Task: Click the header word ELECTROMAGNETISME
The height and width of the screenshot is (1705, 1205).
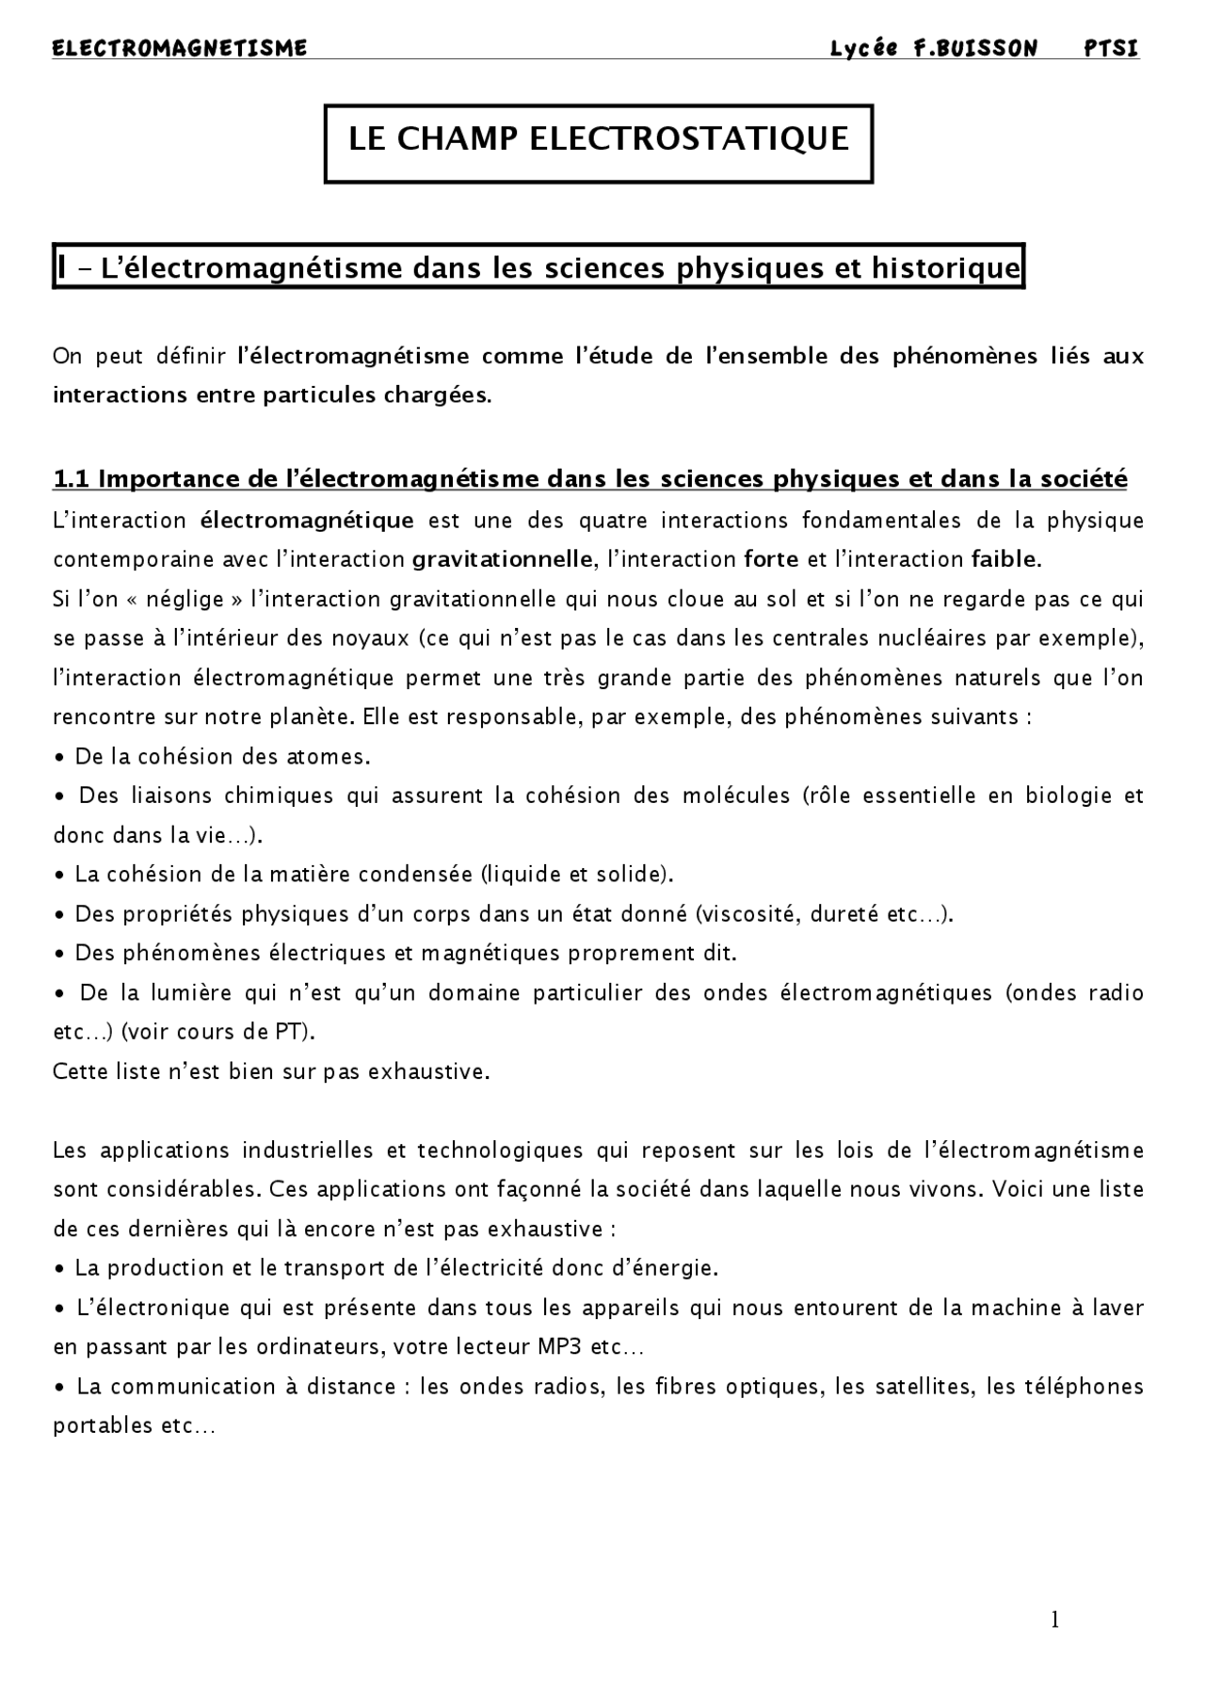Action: pos(180,48)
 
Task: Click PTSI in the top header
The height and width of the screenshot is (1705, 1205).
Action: pos(1111,48)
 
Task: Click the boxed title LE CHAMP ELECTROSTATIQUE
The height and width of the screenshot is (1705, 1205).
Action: pos(599,139)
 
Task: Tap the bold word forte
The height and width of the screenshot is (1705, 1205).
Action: pos(771,560)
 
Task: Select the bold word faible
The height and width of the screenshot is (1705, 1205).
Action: pos(1005,560)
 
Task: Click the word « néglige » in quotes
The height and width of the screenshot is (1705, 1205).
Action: pos(186,600)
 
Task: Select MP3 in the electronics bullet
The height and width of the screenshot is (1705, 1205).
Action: pos(560,1347)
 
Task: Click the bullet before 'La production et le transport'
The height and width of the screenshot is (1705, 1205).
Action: pos(60,1269)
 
